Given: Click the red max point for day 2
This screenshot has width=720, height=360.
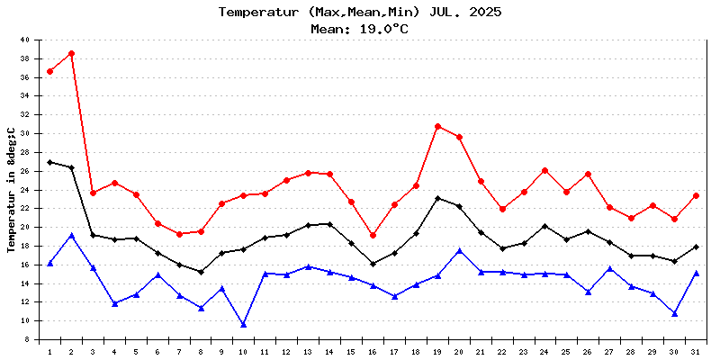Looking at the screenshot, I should pos(71,53).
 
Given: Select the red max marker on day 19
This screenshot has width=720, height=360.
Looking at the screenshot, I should pos(438,126).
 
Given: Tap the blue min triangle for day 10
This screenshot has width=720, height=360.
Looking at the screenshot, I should pos(244,324).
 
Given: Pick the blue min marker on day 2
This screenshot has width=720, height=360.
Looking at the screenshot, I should pos(71,235).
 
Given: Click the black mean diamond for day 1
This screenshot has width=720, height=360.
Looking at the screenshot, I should pos(49,162).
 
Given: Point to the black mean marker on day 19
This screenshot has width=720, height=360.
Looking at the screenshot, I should pos(438,198).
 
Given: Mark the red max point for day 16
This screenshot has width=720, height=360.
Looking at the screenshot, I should pos(373,235).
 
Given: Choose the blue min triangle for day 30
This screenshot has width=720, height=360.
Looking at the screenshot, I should pos(675,313).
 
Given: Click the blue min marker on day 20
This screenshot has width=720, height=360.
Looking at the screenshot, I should pos(460,250).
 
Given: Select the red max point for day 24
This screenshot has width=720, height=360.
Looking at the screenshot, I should pos(545,170).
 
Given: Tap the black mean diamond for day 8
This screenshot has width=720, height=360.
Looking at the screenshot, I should pos(201,272).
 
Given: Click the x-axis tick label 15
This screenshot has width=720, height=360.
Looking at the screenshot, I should pos(352,351).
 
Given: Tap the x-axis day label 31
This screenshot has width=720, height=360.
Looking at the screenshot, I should pos(697,351).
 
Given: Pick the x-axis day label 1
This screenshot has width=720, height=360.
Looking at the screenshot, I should pos(49,351).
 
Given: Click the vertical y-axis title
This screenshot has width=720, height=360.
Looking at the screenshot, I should pos(12,190).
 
